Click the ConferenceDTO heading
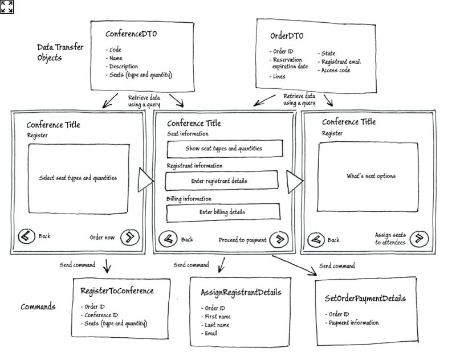131,34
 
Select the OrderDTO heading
287,36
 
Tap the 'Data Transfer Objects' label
60,52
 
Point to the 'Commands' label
38,306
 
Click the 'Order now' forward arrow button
130,237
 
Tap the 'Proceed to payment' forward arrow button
278,240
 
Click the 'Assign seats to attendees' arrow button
419,238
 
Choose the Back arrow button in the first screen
26,236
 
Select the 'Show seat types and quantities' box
224,149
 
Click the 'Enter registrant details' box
221,181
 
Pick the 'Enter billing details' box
223,212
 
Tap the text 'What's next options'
371,176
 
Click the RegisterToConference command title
117,291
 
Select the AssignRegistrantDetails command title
241,293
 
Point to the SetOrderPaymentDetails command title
365,298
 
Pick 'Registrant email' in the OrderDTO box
341,62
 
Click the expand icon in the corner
7,7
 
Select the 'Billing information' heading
189,199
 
